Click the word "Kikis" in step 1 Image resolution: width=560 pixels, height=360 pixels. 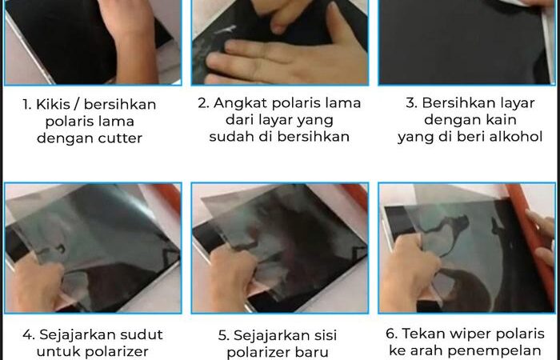point(50,104)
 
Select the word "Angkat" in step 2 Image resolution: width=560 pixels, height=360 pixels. point(240,104)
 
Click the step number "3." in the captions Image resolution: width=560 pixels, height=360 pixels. point(412,103)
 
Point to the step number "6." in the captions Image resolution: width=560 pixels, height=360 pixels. point(392,334)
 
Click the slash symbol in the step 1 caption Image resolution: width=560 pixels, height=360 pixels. point(73,105)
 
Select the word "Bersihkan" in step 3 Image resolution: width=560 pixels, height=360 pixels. point(478,103)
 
